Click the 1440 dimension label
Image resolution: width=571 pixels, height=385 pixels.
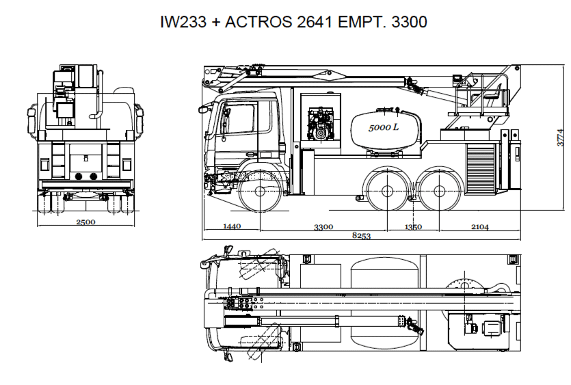pyautogui.click(x=232, y=226)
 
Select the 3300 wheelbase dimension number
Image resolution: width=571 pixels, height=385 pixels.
pyautogui.click(x=323, y=227)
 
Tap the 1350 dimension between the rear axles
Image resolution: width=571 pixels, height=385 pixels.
pyautogui.click(x=413, y=227)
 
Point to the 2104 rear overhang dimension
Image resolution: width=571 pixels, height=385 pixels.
pyautogui.click(x=480, y=226)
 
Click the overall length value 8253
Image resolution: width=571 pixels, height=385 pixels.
pyautogui.click(x=361, y=235)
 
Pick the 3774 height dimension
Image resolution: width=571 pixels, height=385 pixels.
pyautogui.click(x=561, y=137)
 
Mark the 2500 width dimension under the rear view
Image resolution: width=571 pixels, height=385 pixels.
pyautogui.click(x=85, y=222)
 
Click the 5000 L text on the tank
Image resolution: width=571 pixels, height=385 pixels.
pyautogui.click(x=384, y=127)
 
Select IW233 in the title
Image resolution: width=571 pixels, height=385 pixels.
pyautogui.click(x=183, y=22)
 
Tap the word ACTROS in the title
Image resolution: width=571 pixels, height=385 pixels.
pyautogui.click(x=258, y=22)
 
